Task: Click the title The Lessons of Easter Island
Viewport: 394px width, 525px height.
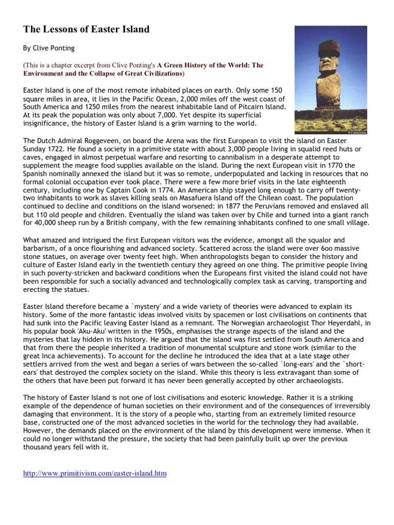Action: [87, 30]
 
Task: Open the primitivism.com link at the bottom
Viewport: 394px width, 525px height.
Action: [95, 473]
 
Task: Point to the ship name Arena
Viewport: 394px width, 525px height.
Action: [164, 140]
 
